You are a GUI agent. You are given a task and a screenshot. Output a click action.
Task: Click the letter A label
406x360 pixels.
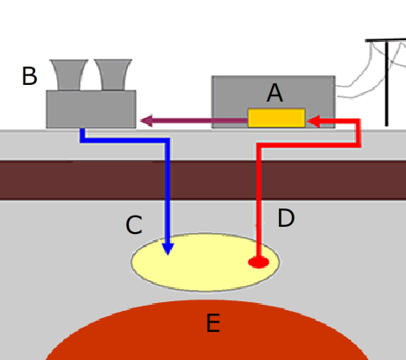274,93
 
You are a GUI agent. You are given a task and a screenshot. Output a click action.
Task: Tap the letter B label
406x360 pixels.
30,76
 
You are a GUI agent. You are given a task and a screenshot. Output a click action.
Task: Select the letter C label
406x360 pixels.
134,225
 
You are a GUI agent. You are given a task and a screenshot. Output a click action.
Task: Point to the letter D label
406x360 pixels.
286,218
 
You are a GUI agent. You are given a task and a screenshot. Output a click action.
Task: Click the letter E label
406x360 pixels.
213,323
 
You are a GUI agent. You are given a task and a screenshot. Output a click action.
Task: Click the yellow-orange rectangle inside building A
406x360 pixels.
276,117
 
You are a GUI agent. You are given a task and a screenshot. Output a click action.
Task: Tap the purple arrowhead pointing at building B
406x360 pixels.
146,121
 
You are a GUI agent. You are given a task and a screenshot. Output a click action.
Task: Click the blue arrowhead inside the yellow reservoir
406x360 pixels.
167,249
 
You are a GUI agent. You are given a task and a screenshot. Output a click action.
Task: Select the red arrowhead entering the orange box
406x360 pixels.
314,121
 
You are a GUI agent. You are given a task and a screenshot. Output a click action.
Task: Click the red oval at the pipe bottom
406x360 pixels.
259,262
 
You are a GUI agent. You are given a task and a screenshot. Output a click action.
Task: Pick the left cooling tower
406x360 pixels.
68,75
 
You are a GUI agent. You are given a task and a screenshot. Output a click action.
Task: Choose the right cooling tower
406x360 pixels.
113,74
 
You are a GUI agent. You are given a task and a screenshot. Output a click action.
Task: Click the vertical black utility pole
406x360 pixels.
387,84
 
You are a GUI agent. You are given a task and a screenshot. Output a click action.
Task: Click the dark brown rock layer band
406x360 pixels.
203,180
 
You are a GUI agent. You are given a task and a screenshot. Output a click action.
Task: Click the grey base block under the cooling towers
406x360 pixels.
91,109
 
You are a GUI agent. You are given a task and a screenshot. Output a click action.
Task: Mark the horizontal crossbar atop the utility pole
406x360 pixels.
386,40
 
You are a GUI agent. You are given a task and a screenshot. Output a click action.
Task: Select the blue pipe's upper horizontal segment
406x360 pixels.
125,140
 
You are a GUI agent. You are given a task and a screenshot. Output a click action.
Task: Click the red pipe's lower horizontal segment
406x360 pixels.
309,145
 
